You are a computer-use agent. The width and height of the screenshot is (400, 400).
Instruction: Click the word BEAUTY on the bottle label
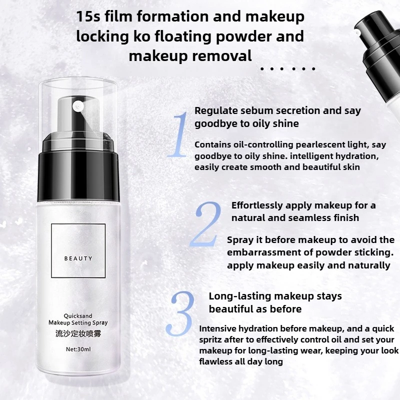tap(78, 258)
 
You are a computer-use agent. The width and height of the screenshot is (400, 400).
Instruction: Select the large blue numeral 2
tap(205, 224)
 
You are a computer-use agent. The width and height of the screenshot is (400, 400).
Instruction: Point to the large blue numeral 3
tap(180, 313)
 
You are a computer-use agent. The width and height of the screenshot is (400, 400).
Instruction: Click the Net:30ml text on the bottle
tap(78, 349)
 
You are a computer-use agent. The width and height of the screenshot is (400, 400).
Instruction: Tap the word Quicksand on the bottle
tap(78, 316)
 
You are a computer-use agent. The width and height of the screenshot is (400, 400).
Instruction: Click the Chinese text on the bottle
tap(78, 333)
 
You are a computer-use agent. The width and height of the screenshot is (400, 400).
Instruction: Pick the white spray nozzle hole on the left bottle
tap(77, 106)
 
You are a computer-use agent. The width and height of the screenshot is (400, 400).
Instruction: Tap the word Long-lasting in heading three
tap(240, 296)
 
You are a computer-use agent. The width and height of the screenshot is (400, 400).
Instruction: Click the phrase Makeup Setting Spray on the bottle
tap(78, 322)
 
